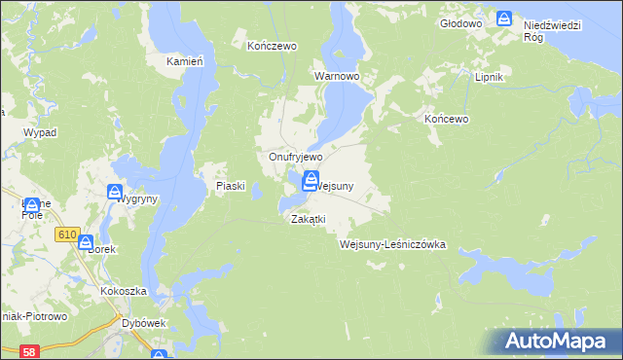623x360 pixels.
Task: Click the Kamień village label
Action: pos(184,61)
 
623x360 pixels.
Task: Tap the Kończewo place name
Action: pos(272,46)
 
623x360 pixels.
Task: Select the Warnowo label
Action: pos(337,75)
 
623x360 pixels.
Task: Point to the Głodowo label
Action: pos(461,22)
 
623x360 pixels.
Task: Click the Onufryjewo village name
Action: pos(296,156)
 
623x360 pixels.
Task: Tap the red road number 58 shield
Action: pos(30,350)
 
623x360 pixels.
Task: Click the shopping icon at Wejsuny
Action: pos(310,180)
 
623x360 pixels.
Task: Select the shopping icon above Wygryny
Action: pos(114,193)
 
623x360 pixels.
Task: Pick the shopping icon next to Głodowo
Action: pos(504,18)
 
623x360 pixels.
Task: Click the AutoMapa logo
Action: pos(559,341)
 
